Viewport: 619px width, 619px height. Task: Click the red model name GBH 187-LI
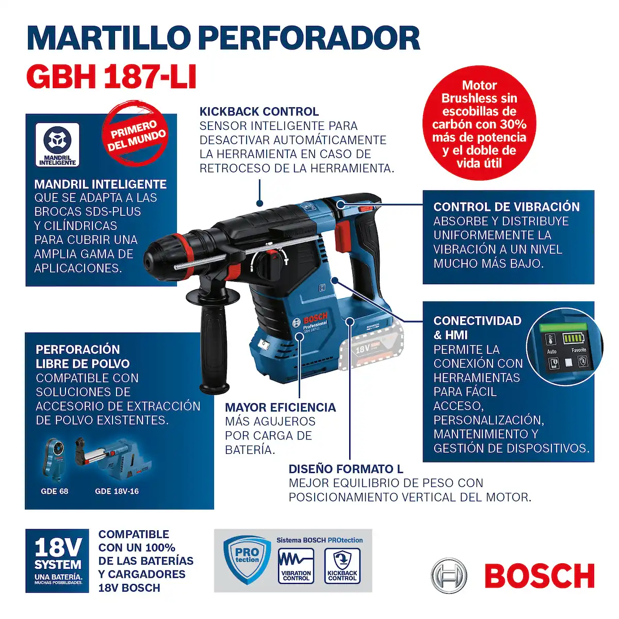[x=111, y=76]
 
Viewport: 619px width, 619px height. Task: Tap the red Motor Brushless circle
[x=479, y=124]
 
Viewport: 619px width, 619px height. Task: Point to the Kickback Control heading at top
[x=259, y=111]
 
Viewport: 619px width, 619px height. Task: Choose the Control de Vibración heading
[x=506, y=207]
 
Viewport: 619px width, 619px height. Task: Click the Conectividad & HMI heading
[x=477, y=328]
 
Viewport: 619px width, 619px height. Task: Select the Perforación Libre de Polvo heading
[x=83, y=356]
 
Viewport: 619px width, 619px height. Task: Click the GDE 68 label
[x=55, y=491]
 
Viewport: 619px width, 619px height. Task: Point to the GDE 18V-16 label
[x=117, y=491]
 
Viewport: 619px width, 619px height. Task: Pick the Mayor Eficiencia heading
[x=280, y=408]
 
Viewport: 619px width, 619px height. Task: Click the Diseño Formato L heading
[x=346, y=469]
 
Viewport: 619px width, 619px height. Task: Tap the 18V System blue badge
[x=58, y=561]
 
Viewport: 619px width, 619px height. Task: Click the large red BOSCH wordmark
[x=539, y=576]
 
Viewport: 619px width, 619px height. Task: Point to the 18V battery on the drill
[x=370, y=348]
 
